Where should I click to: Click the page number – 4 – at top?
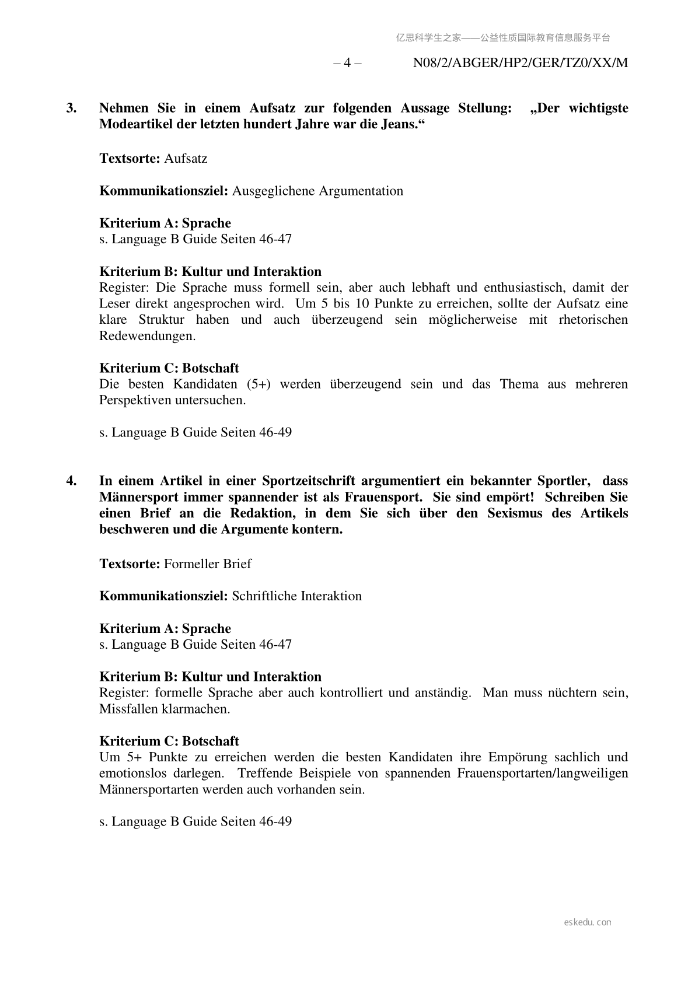pos(347,63)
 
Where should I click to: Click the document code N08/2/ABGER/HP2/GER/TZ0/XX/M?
pos(521,63)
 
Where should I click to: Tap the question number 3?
pos(71,108)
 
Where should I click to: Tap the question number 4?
pos(71,481)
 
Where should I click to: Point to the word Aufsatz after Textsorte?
pos(186,159)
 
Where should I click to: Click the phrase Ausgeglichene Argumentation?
pos(317,191)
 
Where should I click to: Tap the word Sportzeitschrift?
pos(309,481)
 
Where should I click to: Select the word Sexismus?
pos(514,513)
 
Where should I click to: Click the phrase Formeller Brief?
pos(208,564)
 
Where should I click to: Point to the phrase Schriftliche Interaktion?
pos(296,596)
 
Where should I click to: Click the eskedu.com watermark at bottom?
pos(588,922)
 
